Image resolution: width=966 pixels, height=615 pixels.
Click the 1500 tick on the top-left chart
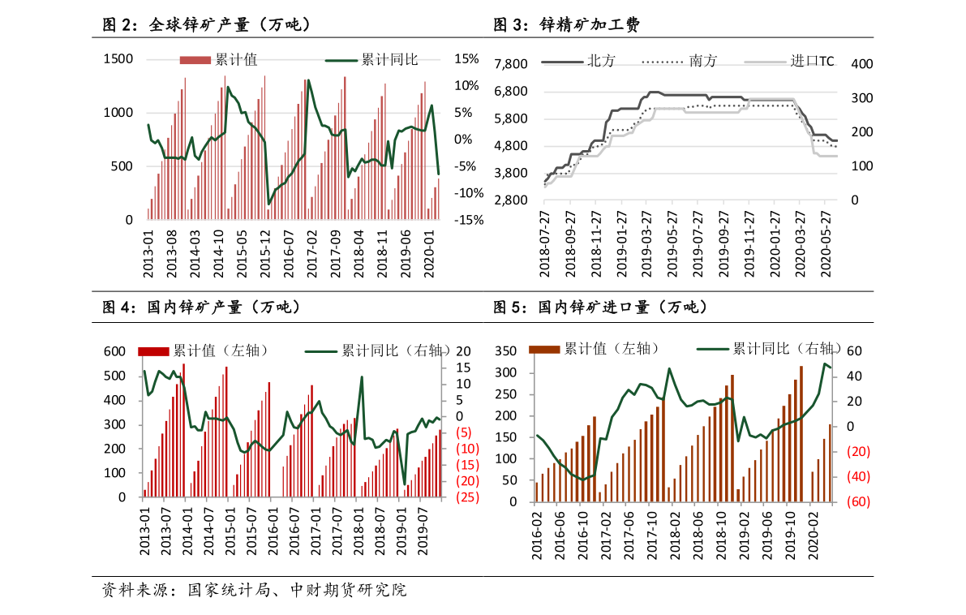[118, 58]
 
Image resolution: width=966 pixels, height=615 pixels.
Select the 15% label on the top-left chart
[466, 58]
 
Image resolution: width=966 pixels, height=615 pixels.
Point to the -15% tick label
[468, 220]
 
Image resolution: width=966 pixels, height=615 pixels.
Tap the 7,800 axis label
[510, 64]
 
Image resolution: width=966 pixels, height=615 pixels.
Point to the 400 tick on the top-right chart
[861, 64]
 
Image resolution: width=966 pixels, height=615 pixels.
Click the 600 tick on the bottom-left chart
[114, 351]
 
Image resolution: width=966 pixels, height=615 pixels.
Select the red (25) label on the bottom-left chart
[466, 497]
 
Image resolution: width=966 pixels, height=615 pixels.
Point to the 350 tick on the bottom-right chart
[504, 351]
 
